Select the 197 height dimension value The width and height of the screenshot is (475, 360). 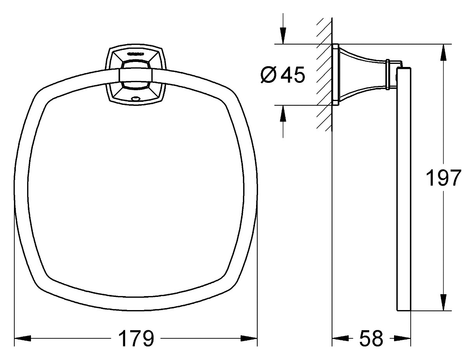tap(443, 178)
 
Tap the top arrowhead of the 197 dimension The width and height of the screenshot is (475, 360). tap(443, 52)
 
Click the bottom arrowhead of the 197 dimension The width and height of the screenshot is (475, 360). tap(443, 302)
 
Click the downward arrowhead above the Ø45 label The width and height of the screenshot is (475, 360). tap(283, 36)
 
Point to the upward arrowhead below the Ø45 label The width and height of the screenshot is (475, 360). tap(283, 113)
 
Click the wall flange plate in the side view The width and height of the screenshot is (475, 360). tap(336, 74)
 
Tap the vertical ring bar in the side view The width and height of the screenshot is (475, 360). tap(404, 190)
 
